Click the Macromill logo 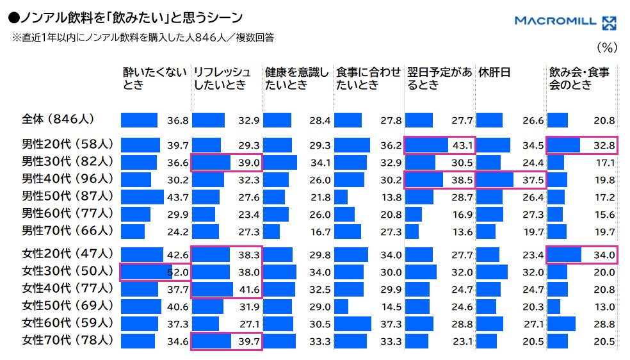[x=565, y=22]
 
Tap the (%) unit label [x=607, y=48]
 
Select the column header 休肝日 [x=494, y=72]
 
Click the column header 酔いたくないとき [x=155, y=78]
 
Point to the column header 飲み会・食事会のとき [x=579, y=78]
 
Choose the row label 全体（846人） [x=58, y=119]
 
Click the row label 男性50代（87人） [x=67, y=196]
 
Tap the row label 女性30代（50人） [x=67, y=271]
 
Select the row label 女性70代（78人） [x=67, y=340]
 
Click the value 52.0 [x=178, y=272]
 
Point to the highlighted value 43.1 [x=462, y=145]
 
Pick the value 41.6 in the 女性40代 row [x=249, y=290]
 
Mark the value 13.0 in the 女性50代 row [x=604, y=307]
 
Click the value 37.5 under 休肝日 [x=533, y=180]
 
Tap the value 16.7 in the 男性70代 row [x=320, y=233]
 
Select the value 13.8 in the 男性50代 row [x=391, y=198]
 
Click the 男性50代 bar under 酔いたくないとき [x=142, y=197]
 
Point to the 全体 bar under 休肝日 [x=489, y=120]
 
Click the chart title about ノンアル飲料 [x=125, y=18]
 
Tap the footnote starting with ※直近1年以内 [x=143, y=38]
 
